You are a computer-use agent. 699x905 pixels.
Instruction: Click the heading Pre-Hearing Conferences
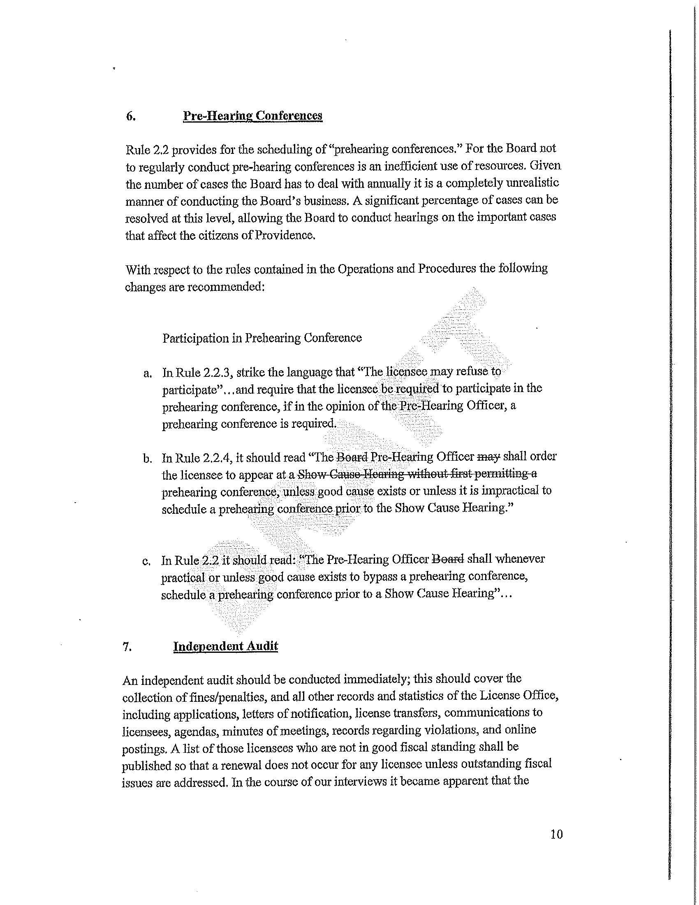[x=252, y=116]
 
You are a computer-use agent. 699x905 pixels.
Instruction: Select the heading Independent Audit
[x=225, y=646]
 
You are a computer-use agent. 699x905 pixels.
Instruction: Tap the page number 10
[x=557, y=834]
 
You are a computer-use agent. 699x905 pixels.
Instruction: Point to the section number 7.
[x=127, y=647]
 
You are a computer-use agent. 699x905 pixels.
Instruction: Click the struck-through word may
[x=488, y=457]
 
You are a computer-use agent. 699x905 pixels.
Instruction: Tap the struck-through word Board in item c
[x=448, y=559]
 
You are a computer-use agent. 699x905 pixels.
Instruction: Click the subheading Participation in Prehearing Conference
[x=262, y=338]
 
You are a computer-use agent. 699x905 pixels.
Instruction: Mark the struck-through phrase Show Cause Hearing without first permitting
[x=414, y=474]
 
